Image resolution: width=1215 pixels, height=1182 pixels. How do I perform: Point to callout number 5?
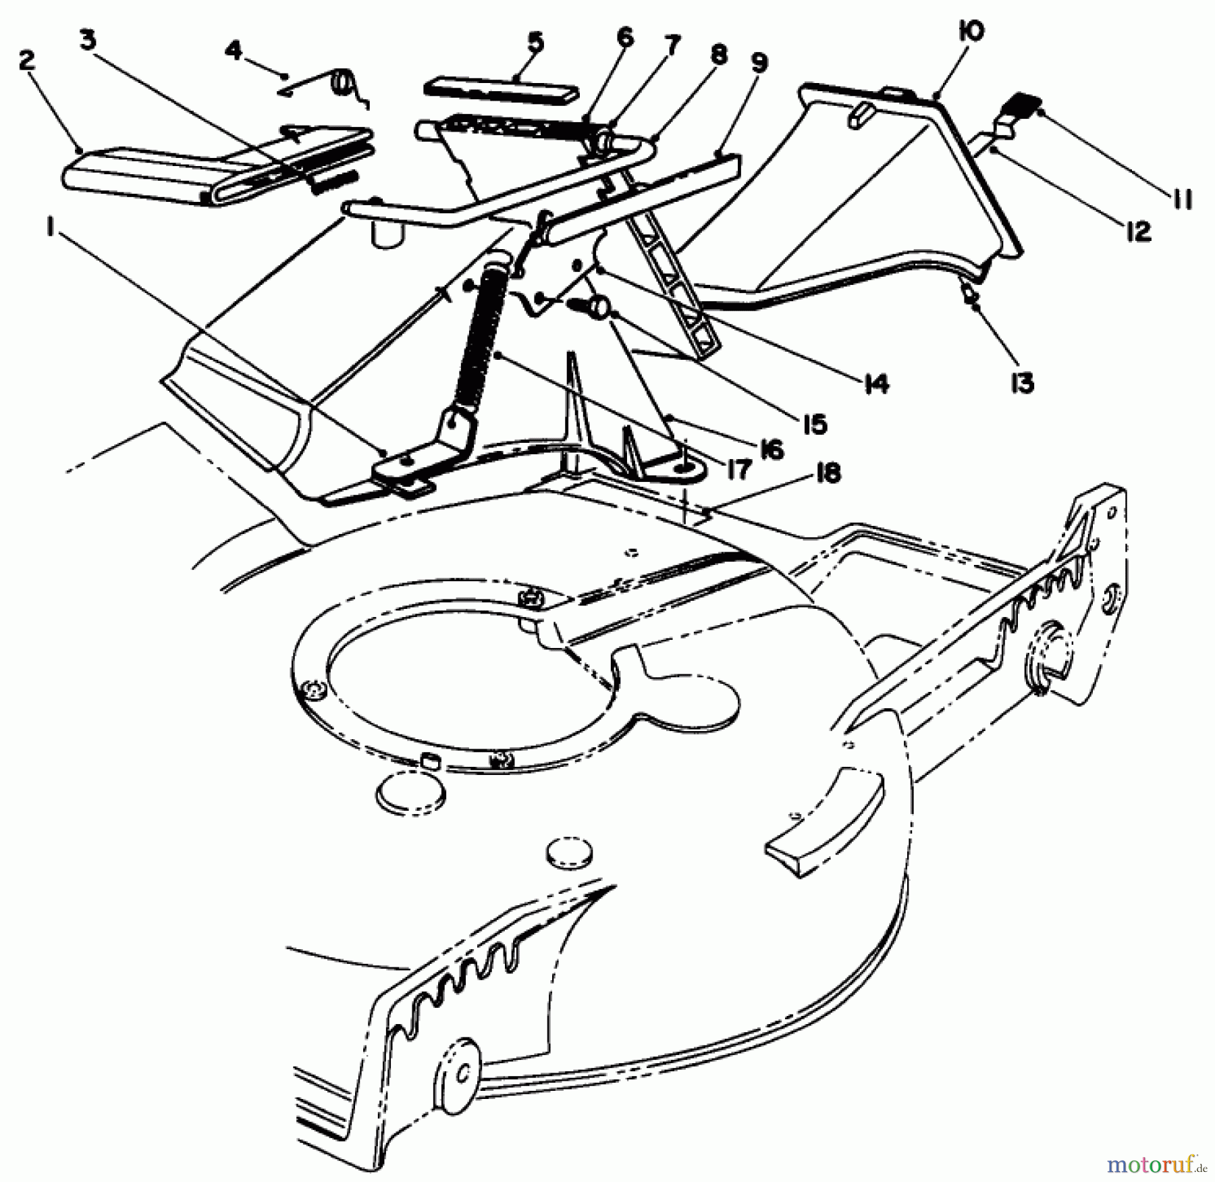point(535,42)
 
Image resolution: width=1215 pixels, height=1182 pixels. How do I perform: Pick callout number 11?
point(1182,198)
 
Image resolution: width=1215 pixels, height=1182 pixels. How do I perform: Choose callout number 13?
point(1023,383)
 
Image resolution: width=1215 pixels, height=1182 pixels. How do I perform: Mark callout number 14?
point(875,383)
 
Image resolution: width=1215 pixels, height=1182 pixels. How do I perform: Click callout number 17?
point(739,469)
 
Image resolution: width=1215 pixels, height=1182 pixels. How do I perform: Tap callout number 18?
point(828,473)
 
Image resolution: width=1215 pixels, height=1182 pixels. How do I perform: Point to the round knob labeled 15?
point(596,308)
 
